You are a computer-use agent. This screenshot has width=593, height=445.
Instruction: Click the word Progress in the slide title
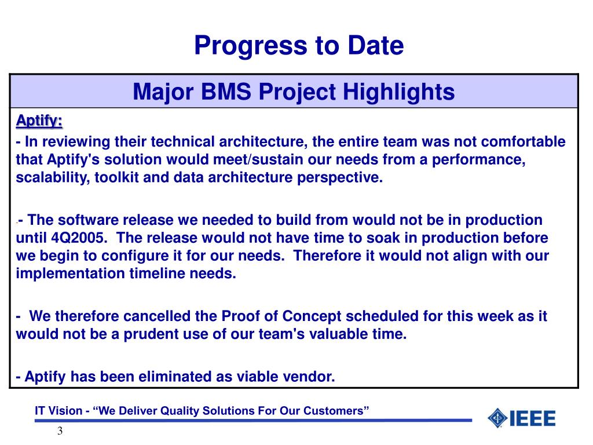pos(251,46)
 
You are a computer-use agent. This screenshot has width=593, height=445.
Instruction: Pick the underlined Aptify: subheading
pos(39,121)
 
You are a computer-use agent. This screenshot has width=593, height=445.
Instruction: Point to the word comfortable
pos(524,141)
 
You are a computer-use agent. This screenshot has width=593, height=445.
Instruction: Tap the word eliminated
pos(175,377)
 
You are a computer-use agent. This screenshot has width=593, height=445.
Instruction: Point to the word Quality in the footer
pos(176,411)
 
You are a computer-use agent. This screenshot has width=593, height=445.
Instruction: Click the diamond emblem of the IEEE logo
pos(497,418)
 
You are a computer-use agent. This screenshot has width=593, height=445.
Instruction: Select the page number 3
pos(60,431)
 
